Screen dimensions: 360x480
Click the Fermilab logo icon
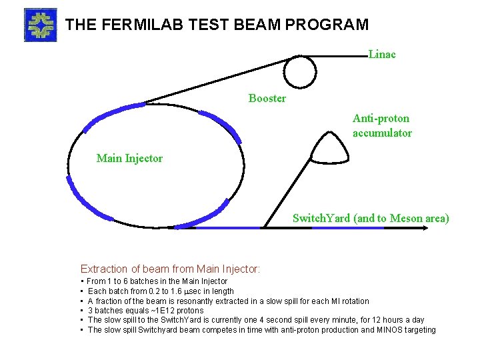pos(40,25)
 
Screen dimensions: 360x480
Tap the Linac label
pos(382,55)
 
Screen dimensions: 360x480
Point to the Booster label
pos(267,99)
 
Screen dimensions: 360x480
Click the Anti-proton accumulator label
pos(382,125)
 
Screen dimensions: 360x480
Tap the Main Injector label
pos(129,158)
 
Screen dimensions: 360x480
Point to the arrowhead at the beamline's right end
pos(425,227)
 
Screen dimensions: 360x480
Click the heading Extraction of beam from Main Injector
pos(170,269)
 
